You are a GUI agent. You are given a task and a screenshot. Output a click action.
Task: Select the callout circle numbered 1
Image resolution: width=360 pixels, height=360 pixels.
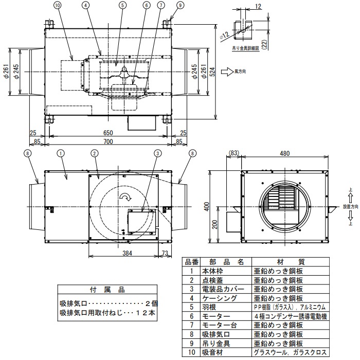click(x=61, y=153)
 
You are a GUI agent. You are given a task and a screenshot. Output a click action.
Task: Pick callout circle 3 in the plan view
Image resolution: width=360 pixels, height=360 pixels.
click(x=158, y=153)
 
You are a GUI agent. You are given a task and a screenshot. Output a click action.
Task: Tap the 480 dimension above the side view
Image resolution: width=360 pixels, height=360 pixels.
click(x=285, y=153)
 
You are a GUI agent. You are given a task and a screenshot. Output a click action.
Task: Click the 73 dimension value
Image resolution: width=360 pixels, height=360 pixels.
click(x=165, y=253)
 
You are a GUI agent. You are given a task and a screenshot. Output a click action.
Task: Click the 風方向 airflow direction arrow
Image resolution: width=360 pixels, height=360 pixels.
click(x=227, y=73)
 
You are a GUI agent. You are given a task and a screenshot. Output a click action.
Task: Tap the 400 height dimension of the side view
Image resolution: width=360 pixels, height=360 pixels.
click(x=206, y=206)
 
